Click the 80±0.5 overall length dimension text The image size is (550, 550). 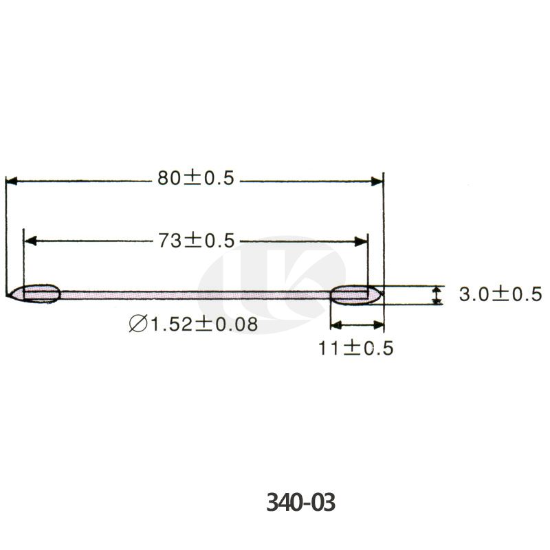click(x=196, y=178)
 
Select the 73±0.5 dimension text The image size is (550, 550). click(x=197, y=241)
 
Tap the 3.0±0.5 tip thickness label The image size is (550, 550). click(x=500, y=294)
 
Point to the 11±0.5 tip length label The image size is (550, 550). click(x=355, y=349)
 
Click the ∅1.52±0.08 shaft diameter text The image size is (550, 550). click(x=193, y=324)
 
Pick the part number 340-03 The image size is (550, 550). click(x=300, y=502)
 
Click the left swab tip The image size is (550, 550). click(x=34, y=294)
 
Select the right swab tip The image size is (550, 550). click(x=356, y=295)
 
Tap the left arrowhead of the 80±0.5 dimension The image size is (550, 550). click(x=12, y=181)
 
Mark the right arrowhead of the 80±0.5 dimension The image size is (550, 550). click(x=377, y=181)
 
